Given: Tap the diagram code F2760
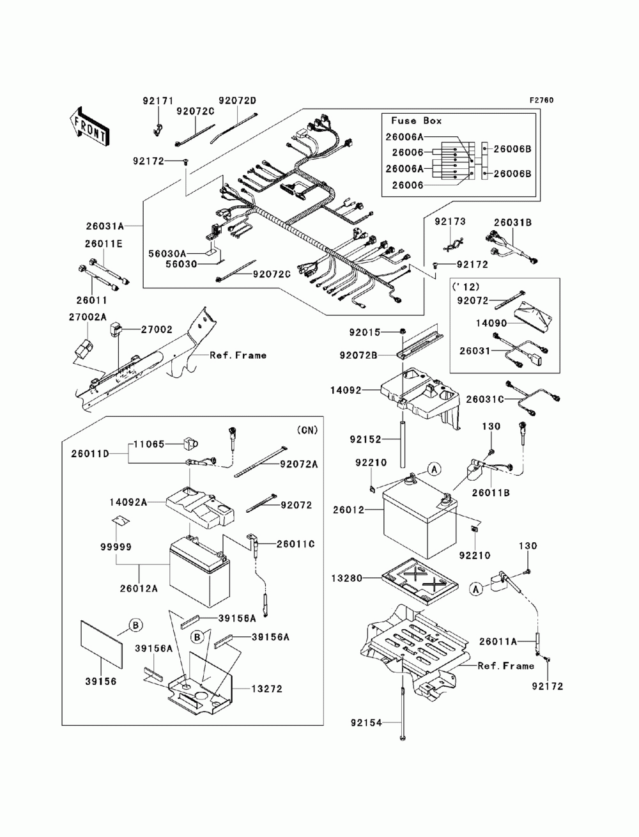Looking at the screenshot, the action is (x=541, y=100).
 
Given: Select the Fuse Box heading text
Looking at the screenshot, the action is (x=417, y=121).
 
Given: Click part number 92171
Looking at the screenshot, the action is (x=158, y=101).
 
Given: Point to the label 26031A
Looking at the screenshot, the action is (x=105, y=226).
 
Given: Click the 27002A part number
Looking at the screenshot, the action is (x=88, y=317).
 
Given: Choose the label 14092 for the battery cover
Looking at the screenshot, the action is (x=346, y=390).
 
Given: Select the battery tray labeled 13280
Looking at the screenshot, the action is (x=419, y=581).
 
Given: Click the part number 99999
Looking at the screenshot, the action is (x=116, y=547).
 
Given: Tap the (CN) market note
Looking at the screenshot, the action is (x=307, y=430).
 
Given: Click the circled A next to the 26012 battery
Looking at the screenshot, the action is (x=434, y=469).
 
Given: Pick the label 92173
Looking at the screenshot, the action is (x=450, y=221).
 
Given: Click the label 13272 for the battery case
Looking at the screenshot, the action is (x=266, y=689).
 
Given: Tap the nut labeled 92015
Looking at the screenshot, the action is (x=403, y=332).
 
